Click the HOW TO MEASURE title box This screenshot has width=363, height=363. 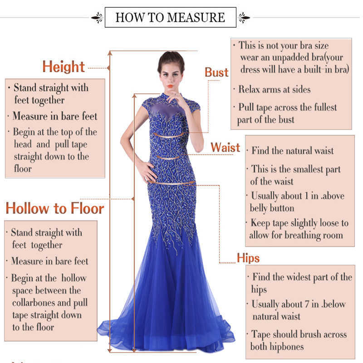click(170, 17)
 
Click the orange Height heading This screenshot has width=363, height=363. click(64, 67)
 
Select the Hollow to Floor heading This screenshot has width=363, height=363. click(55, 208)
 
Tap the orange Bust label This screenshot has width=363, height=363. click(216, 72)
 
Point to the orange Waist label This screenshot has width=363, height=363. click(225, 147)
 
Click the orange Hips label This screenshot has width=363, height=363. click(248, 258)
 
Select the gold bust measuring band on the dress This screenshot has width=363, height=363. click(172, 135)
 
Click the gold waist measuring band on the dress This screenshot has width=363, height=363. click(171, 157)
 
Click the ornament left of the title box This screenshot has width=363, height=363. click(97, 18)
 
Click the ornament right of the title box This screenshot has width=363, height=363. click(244, 18)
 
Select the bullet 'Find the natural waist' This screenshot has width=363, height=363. click(292, 151)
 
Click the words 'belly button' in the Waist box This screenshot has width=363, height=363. click(272, 208)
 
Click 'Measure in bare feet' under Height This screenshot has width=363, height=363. click(54, 116)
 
